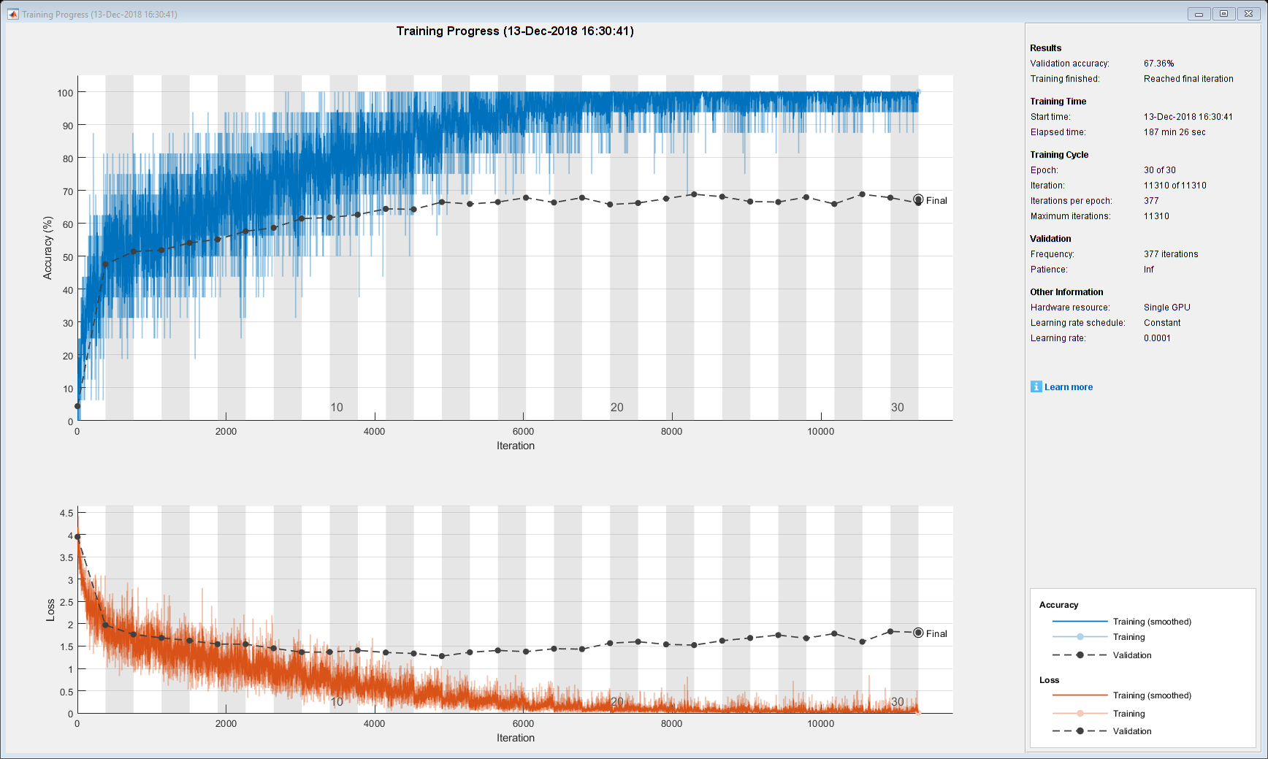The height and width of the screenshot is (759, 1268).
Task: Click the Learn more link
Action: click(x=1068, y=387)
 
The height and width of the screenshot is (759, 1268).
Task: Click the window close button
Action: click(x=1248, y=13)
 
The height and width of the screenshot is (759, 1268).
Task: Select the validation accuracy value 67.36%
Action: click(x=1158, y=64)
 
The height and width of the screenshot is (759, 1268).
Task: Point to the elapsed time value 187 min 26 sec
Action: click(x=1174, y=132)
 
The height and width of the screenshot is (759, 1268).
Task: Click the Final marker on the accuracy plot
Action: click(x=918, y=199)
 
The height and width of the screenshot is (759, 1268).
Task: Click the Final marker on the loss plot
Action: click(x=918, y=633)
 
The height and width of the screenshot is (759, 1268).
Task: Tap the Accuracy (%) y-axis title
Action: click(x=48, y=248)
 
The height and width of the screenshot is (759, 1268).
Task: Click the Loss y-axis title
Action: click(x=50, y=610)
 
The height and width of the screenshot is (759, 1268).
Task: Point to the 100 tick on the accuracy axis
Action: click(x=65, y=93)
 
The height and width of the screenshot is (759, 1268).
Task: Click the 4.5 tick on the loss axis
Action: click(x=66, y=513)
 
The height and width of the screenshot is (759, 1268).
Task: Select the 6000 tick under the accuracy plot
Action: click(x=523, y=432)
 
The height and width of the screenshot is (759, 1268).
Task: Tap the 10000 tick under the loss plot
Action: click(x=820, y=724)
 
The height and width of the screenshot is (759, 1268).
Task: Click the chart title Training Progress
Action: click(x=515, y=31)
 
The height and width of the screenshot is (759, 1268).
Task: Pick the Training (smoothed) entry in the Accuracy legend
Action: click(x=1151, y=622)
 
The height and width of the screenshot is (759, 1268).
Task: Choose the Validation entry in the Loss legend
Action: click(x=1131, y=731)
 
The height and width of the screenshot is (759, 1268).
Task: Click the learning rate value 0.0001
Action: click(x=1157, y=338)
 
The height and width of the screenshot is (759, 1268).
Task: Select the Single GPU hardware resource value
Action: click(x=1166, y=308)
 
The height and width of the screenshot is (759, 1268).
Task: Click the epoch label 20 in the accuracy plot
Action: click(x=617, y=408)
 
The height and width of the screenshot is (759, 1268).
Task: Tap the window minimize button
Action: click(x=1199, y=13)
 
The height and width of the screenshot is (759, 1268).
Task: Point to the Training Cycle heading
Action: click(x=1059, y=155)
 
